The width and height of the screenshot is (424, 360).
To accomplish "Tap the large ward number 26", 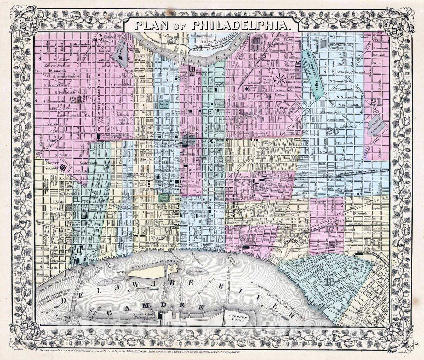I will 77,100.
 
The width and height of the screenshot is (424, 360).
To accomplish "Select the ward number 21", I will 376,102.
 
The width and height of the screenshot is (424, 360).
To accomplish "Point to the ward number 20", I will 332,131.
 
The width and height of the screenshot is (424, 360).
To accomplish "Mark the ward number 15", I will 262,89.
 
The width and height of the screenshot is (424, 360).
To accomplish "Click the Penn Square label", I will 189,140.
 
